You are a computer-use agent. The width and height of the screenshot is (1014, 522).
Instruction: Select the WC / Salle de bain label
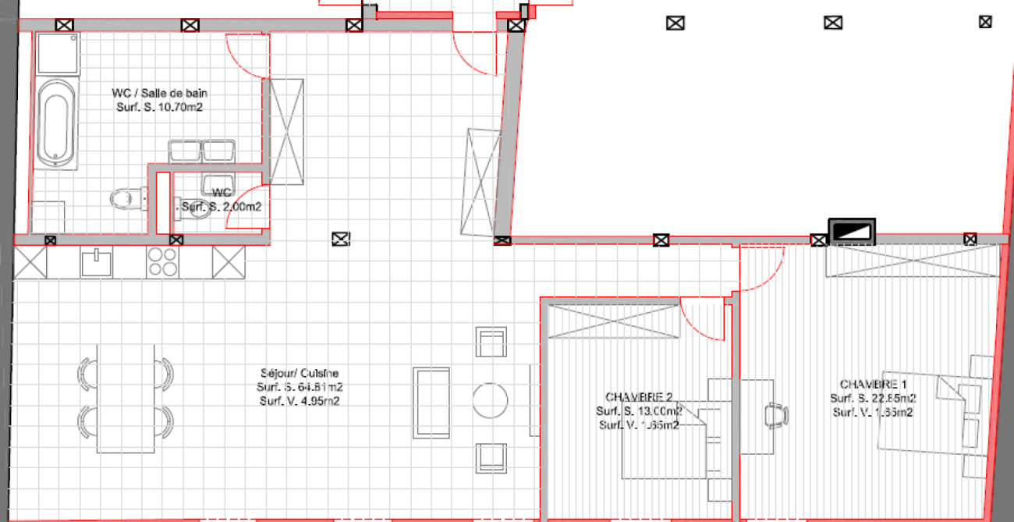point(160,93)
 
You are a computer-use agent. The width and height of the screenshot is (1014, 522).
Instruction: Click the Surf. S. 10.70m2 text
point(160,108)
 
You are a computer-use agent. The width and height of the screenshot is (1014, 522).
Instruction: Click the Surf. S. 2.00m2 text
point(222,208)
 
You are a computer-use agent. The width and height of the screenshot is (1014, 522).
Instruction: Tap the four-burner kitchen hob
point(162,261)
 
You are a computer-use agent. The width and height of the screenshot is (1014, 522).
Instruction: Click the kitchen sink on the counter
point(97,261)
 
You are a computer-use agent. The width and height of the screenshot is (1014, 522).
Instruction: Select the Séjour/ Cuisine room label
point(300,373)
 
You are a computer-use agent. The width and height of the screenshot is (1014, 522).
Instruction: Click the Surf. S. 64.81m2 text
point(300,387)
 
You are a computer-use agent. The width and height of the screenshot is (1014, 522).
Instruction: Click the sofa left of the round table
point(432,403)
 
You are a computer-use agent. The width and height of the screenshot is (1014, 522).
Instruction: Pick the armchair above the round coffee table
point(491,342)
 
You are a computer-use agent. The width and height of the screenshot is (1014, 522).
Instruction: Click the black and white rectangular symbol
point(852,231)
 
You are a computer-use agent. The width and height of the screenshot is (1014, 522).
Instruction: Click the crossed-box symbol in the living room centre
point(340,239)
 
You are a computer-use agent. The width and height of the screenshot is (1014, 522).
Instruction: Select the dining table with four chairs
point(126,398)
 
